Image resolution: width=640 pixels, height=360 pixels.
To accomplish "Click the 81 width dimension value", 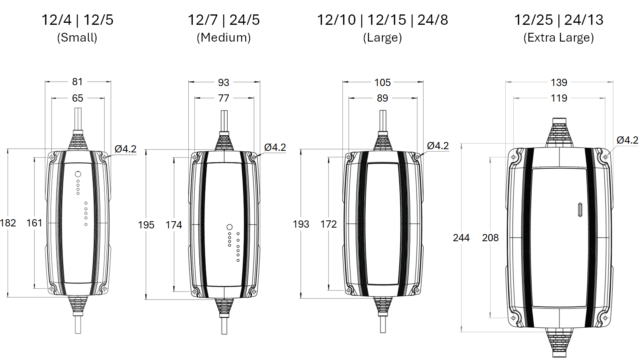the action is (77, 82).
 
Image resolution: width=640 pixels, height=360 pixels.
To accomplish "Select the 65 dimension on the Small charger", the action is (78, 98).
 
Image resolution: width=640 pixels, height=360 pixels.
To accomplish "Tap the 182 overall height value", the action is (8, 223).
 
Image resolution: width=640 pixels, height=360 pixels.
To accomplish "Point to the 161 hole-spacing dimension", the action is (34, 223).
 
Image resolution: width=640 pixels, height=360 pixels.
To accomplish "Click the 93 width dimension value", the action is (224, 82).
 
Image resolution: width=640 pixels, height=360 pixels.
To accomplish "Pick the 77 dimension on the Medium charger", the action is (224, 98).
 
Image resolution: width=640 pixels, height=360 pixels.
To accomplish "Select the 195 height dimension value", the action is (146, 225).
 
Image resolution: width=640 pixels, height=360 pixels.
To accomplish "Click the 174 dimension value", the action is (174, 225).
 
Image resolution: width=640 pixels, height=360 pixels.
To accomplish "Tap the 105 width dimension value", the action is (382, 82).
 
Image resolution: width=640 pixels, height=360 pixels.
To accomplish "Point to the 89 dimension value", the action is (382, 98).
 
